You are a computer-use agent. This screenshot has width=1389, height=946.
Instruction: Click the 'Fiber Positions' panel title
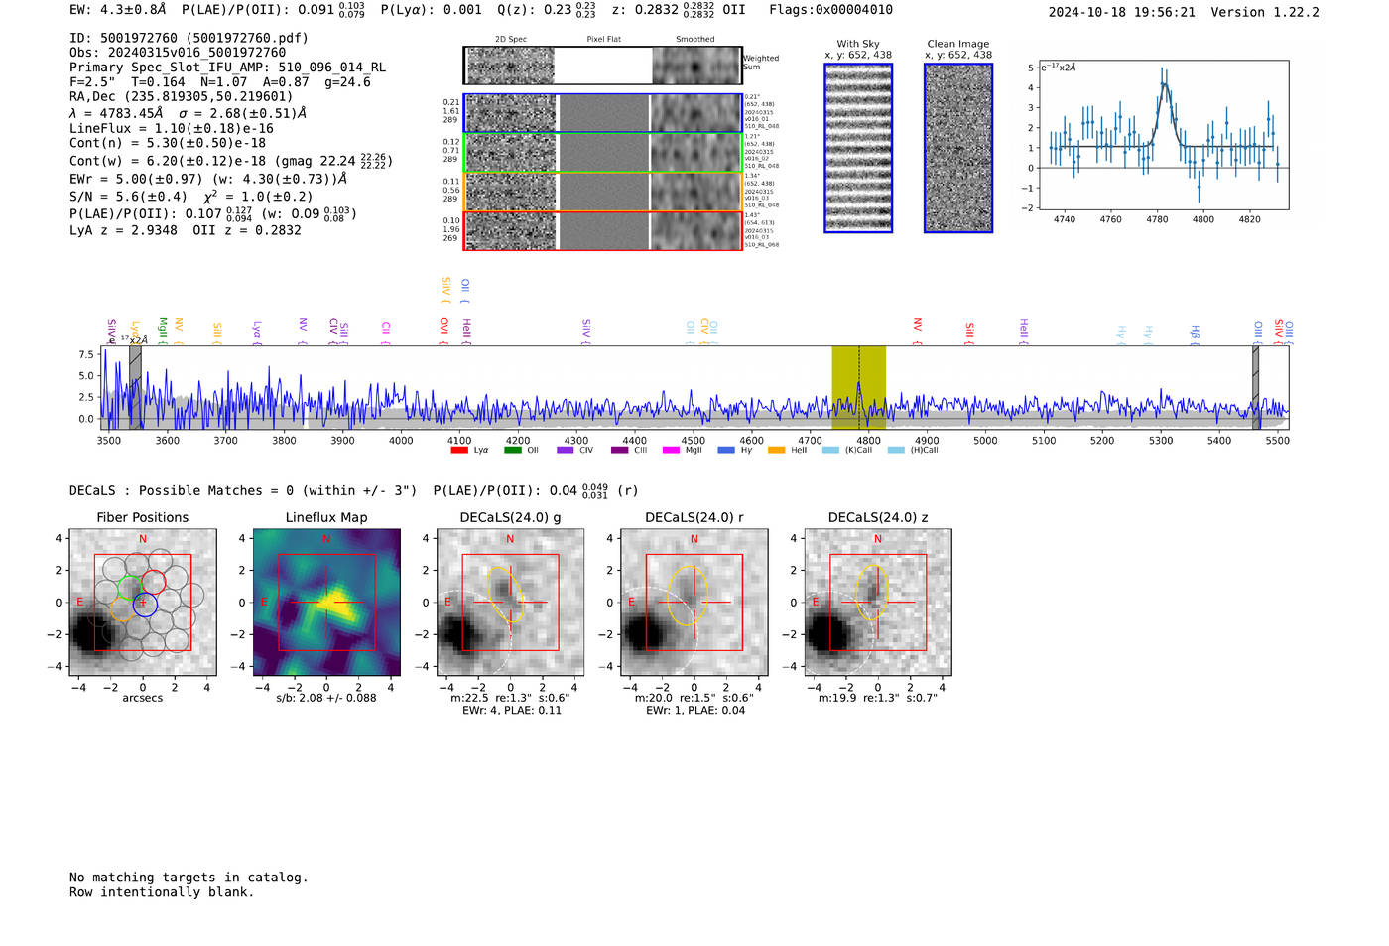pos(142,517)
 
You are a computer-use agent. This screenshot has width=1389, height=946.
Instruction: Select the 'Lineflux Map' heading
pos(326,517)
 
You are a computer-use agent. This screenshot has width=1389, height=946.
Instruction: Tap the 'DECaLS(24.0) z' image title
pos(878,517)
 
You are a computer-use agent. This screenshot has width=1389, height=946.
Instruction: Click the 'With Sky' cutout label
pos(858,44)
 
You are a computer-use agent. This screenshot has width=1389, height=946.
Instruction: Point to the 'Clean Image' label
pos(958,44)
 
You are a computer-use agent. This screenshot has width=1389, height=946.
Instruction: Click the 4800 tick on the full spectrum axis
pos(868,441)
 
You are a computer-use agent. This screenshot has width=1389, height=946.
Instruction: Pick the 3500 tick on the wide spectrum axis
pos(108,441)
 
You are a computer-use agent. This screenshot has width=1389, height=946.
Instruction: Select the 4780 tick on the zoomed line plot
pos(1157,219)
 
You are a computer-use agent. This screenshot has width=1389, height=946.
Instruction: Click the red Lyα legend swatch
pos(459,451)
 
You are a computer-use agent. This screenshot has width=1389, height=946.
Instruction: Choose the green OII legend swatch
pos(512,451)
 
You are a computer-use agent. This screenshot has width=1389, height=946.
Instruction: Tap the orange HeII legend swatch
pos(776,451)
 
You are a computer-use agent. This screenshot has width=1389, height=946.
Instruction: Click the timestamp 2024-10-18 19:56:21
pos(1121,12)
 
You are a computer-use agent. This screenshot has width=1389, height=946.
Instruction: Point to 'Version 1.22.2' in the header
pos(1265,12)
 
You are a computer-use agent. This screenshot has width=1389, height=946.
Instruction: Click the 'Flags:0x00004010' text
pos(830,10)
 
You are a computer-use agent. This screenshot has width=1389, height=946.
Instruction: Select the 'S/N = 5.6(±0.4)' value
pos(128,197)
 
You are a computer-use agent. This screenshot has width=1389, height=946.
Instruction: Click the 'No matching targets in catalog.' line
pos(189,878)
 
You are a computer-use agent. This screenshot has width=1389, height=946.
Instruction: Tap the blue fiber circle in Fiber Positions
pos(145,604)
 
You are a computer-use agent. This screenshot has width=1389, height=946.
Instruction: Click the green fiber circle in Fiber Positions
pos(129,587)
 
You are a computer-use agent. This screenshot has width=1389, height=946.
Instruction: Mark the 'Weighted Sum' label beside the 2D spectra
pos(761,63)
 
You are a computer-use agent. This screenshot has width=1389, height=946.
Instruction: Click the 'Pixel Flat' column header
pos(603,39)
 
